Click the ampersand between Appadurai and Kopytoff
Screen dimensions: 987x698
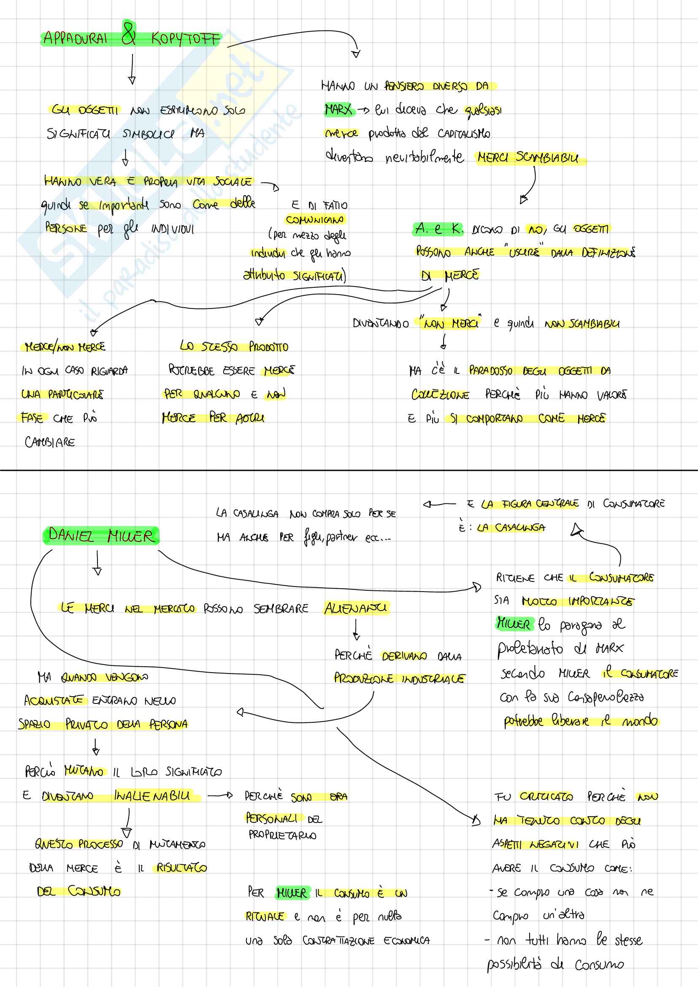pos(129,34)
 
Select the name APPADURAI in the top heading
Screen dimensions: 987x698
pos(76,39)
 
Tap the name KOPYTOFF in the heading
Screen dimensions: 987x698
pos(185,40)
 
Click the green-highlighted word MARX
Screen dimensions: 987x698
pos(338,110)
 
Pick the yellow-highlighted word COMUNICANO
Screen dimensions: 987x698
pos(315,220)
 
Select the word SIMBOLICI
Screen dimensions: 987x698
pos(148,134)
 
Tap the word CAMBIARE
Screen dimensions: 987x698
pos(50,442)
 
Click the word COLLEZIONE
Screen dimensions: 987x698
pos(440,395)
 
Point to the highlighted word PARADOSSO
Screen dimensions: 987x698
pos(490,370)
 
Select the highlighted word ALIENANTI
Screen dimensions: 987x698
pos(355,608)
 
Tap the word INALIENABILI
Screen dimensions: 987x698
pos(152,796)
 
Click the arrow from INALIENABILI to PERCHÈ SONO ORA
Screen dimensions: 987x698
pos(220,796)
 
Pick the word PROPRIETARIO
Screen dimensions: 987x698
pos(282,835)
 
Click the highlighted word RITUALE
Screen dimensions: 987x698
pos(264,916)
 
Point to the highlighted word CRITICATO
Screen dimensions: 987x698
pos(546,797)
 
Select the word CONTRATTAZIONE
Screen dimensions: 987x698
pos(338,940)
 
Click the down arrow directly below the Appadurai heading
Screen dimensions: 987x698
pos(132,69)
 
